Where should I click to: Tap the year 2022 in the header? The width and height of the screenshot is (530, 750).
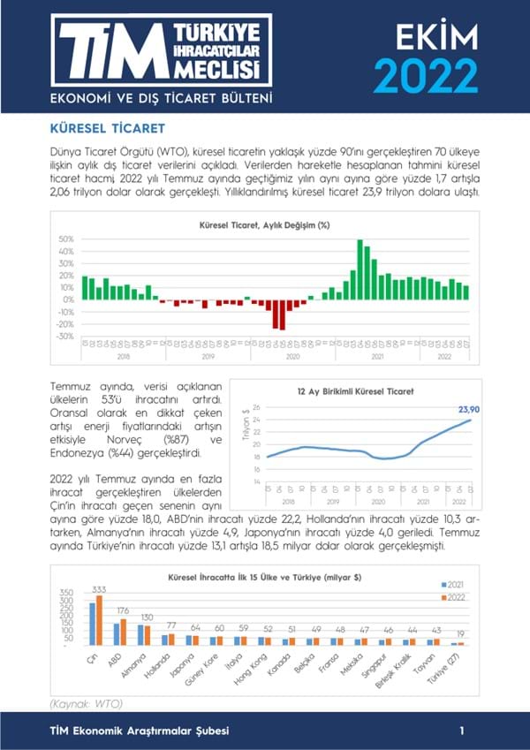[425, 74]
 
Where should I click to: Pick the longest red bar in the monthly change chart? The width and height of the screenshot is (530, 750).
[283, 314]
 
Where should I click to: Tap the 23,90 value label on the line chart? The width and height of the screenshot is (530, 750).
[469, 408]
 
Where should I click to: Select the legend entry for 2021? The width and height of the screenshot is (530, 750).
[456, 584]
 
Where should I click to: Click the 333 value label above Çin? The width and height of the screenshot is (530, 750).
[99, 589]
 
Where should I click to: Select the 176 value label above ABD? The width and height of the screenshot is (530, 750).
[123, 610]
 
